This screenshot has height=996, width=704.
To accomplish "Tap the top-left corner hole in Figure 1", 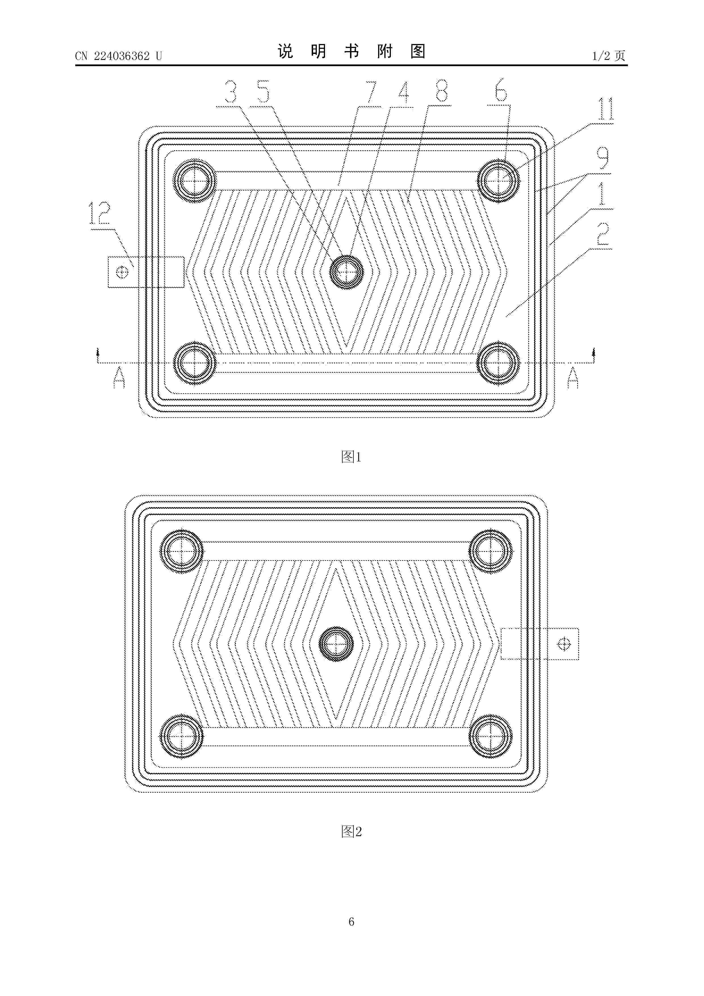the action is coord(194,181).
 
